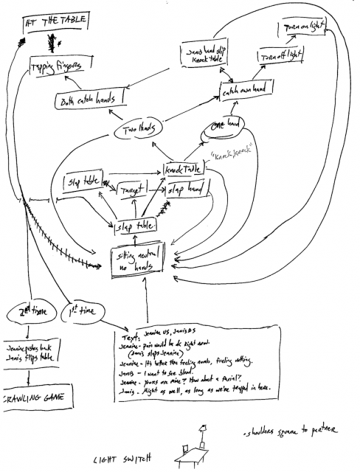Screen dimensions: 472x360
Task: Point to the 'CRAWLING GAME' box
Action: coord(35,399)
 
